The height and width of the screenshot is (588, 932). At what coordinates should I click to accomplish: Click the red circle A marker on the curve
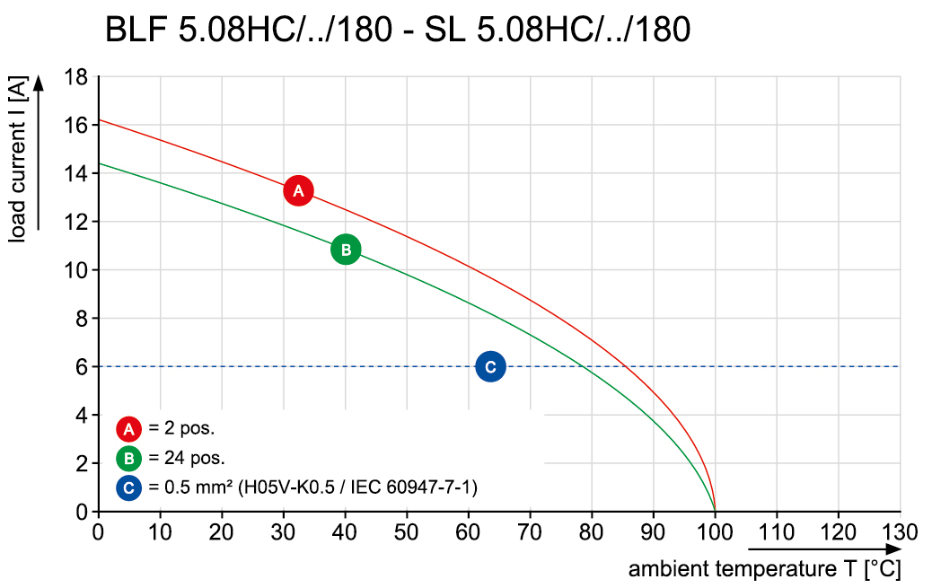298,190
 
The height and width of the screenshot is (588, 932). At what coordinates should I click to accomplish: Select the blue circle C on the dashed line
490,366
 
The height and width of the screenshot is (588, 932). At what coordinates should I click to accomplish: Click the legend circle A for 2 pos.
129,428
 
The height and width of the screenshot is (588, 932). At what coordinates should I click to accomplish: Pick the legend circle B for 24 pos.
129,459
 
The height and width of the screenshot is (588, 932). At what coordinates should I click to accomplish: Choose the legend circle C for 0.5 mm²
129,488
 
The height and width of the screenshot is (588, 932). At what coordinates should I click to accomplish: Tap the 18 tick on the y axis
75,77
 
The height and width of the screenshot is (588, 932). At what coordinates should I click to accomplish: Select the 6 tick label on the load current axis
81,366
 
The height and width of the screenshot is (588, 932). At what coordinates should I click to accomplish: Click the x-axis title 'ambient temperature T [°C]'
764,569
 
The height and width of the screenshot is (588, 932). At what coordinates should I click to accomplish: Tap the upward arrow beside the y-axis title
38,153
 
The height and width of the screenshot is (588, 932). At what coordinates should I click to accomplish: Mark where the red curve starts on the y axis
98,119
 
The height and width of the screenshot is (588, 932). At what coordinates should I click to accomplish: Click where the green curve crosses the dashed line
584,366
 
